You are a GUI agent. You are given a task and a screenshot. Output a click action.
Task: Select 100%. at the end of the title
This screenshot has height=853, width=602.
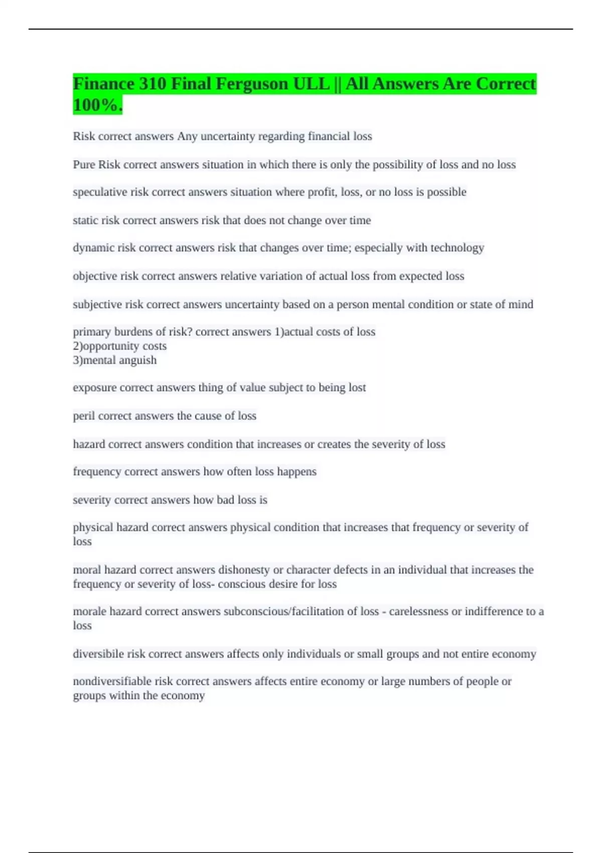click(97, 105)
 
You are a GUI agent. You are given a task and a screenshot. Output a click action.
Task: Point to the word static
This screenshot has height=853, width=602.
click(85, 220)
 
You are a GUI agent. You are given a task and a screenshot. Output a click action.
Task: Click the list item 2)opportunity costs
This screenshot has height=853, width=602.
click(120, 346)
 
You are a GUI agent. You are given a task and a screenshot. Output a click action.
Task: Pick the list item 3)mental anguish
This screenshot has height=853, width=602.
click(115, 360)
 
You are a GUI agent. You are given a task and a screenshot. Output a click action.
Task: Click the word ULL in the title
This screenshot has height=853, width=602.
click(311, 84)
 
